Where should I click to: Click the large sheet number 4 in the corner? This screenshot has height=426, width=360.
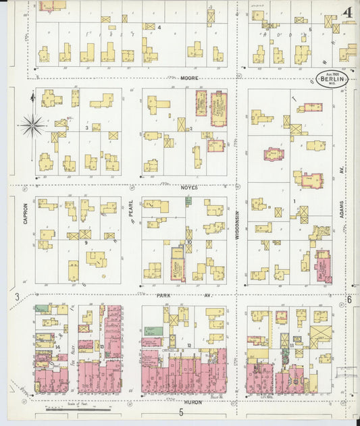click(x=347, y=13)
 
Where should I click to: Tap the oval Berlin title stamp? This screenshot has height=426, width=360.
click(x=334, y=80)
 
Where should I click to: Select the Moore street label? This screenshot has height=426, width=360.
click(x=189, y=78)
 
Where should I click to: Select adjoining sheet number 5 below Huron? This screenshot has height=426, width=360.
click(x=181, y=412)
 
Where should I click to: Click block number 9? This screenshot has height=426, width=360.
click(x=86, y=242)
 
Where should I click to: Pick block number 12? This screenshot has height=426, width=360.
click(x=190, y=345)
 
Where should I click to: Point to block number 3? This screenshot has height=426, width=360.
click(x=86, y=127)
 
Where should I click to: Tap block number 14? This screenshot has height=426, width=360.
click(x=58, y=347)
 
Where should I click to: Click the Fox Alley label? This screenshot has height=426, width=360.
click(x=72, y=350)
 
